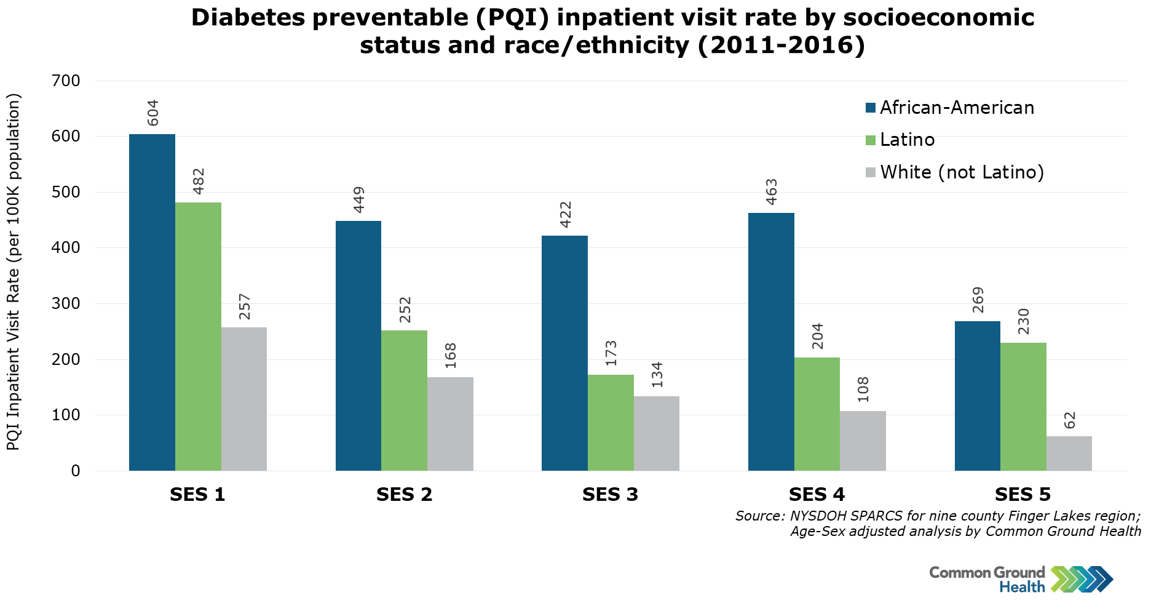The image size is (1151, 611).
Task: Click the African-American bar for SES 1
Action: tap(152, 302)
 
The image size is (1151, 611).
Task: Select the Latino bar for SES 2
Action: tap(404, 401)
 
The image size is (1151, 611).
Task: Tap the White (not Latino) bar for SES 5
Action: tap(1069, 453)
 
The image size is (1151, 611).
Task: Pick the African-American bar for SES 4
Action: tap(771, 341)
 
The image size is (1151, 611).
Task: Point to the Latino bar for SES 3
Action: tap(611, 423)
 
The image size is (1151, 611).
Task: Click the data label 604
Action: tap(153, 113)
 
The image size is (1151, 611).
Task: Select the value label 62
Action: tap(1070, 421)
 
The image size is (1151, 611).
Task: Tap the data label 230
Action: tap(1024, 321)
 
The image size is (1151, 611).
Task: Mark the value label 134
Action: tap(657, 375)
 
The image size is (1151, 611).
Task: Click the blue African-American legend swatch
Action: tap(871, 108)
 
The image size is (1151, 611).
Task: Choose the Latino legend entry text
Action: tap(907, 140)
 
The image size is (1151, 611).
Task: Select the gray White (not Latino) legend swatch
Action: tap(871, 173)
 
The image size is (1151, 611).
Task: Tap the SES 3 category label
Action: tap(610, 495)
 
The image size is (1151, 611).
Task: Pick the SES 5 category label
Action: tap(1022, 495)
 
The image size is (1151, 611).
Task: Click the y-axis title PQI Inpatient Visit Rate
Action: tap(14, 271)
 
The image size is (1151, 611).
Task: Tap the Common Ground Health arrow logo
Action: tap(1082, 579)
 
